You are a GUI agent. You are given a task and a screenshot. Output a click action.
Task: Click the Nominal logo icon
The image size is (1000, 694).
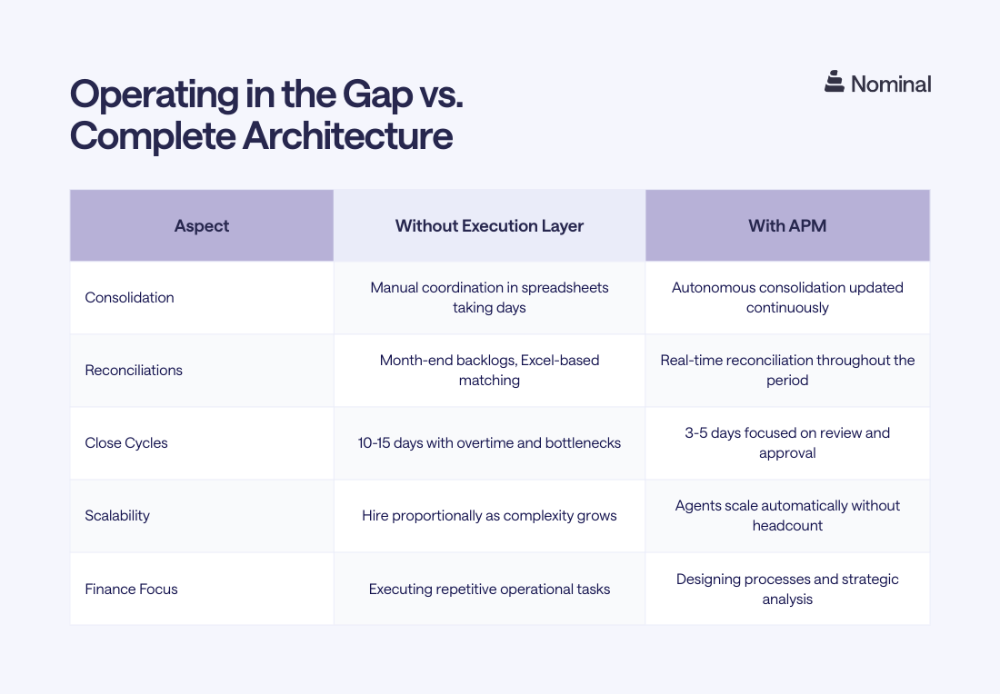[835, 83]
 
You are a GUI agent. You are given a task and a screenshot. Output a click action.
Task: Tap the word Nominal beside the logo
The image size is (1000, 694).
[890, 84]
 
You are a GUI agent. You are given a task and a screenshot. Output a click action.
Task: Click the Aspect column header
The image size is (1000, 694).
[202, 225]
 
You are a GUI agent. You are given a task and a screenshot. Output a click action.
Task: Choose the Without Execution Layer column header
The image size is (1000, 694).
[489, 225]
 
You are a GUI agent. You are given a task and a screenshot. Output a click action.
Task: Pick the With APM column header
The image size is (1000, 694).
[787, 225]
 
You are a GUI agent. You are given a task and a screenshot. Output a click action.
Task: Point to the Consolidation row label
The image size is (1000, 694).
[129, 298]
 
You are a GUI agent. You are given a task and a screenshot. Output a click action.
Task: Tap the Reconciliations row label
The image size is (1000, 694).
[134, 371]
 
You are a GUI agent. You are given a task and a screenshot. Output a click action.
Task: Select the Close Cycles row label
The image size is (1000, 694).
[126, 443]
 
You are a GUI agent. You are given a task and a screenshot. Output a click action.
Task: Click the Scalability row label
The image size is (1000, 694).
[117, 516]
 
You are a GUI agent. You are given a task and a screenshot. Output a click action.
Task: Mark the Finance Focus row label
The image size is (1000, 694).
[131, 589]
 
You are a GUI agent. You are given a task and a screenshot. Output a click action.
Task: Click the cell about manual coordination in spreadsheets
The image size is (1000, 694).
[489, 297]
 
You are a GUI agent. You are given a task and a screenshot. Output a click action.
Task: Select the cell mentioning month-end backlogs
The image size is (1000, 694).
[489, 370]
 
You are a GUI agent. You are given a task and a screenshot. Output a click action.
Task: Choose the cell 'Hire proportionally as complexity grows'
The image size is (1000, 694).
[489, 516]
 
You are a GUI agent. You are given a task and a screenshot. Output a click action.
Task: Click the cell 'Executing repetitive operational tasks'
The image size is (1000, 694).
[489, 589]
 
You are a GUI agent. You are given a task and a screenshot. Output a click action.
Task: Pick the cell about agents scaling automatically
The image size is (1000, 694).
[787, 515]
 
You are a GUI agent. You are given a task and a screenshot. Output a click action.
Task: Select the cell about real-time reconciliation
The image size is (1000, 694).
[787, 370]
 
